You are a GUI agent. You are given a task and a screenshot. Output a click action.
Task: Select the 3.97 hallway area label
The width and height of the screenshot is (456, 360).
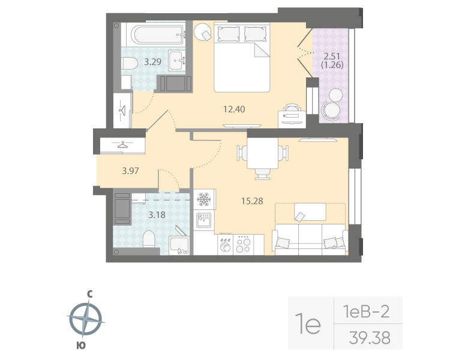(130, 171)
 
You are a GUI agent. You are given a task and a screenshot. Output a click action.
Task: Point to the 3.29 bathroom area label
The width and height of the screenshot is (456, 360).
(152, 61)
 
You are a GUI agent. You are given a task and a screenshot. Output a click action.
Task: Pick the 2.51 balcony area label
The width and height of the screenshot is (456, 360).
(332, 57)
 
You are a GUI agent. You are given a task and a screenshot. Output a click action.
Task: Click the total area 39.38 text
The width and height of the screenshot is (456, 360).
(369, 338)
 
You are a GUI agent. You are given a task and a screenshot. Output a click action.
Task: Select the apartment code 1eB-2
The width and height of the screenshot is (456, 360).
(365, 311)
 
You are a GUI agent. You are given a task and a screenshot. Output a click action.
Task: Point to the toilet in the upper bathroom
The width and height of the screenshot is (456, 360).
(129, 62)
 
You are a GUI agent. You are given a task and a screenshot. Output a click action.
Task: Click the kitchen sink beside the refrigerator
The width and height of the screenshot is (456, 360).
(204, 221)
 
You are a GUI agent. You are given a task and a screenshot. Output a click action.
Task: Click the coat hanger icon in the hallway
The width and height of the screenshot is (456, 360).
(124, 145)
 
